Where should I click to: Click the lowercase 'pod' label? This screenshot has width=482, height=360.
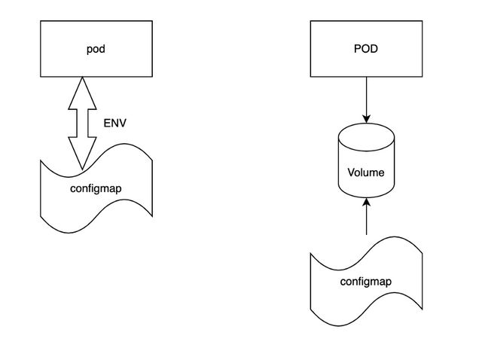point(95,50)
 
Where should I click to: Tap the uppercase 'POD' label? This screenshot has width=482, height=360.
point(366,50)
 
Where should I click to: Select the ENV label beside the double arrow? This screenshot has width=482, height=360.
point(114,123)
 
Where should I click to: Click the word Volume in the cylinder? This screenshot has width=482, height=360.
point(366,172)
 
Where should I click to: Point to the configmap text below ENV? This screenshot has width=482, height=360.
point(96,188)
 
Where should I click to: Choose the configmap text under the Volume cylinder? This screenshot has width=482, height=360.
point(366,282)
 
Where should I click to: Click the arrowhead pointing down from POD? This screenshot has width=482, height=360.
point(366,119)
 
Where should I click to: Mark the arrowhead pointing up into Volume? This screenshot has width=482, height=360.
point(366,202)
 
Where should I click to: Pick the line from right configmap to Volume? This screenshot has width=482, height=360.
point(366,220)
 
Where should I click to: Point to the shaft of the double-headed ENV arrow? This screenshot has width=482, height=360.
point(83,121)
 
